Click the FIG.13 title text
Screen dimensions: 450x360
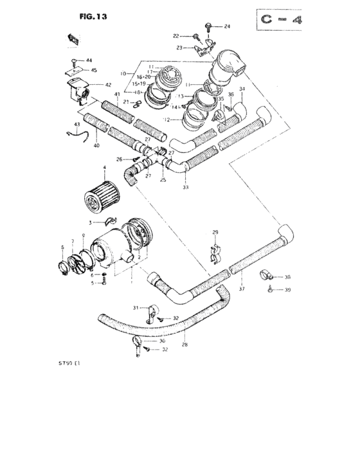pyautogui.click(x=93, y=17)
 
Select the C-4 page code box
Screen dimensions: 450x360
pyautogui.click(x=282, y=21)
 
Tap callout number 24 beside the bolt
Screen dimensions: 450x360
pyautogui.click(x=227, y=26)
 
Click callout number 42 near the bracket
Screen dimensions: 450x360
pyautogui.click(x=108, y=85)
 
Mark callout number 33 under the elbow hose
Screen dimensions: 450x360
pyautogui.click(x=185, y=187)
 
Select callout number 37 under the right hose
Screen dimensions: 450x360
pyautogui.click(x=242, y=289)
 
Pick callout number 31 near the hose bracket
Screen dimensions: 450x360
pyautogui.click(x=136, y=309)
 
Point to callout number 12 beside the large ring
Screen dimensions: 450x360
pyautogui.click(x=166, y=120)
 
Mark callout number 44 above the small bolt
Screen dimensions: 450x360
pyautogui.click(x=89, y=60)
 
